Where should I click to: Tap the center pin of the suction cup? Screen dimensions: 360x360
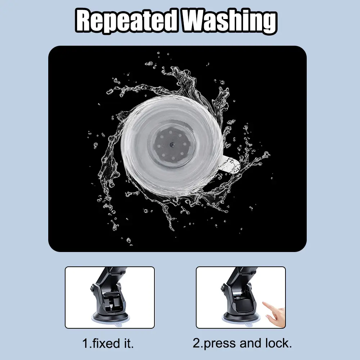pos(172,144)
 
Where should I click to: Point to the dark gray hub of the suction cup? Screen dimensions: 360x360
pos(172,144)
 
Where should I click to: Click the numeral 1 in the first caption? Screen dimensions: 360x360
pos(85,344)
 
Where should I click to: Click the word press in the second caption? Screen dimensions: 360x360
pos(219,344)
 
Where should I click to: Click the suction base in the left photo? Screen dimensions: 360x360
pos(110,318)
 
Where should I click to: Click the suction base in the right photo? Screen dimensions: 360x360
pos(242,318)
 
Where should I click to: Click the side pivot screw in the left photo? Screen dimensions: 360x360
pos(93,287)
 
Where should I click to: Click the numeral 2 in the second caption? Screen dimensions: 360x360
pos(197,343)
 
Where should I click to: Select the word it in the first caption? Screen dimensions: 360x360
pos(128,343)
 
